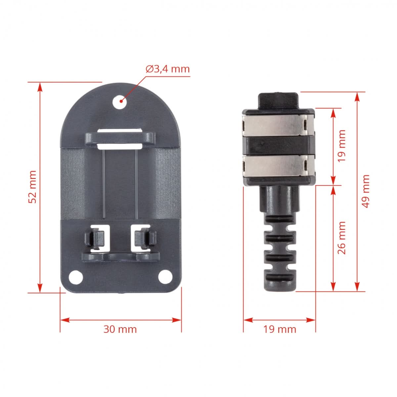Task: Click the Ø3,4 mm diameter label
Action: coord(168,69)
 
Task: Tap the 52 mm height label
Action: coord(32,187)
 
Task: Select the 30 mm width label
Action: coord(120,329)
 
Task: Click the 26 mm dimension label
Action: coord(342,238)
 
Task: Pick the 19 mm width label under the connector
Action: coord(280,329)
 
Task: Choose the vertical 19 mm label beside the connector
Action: coord(342,146)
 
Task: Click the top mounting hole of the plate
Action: coord(120,102)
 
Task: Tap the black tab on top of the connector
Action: coord(279,100)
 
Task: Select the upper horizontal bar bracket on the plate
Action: coord(120,139)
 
